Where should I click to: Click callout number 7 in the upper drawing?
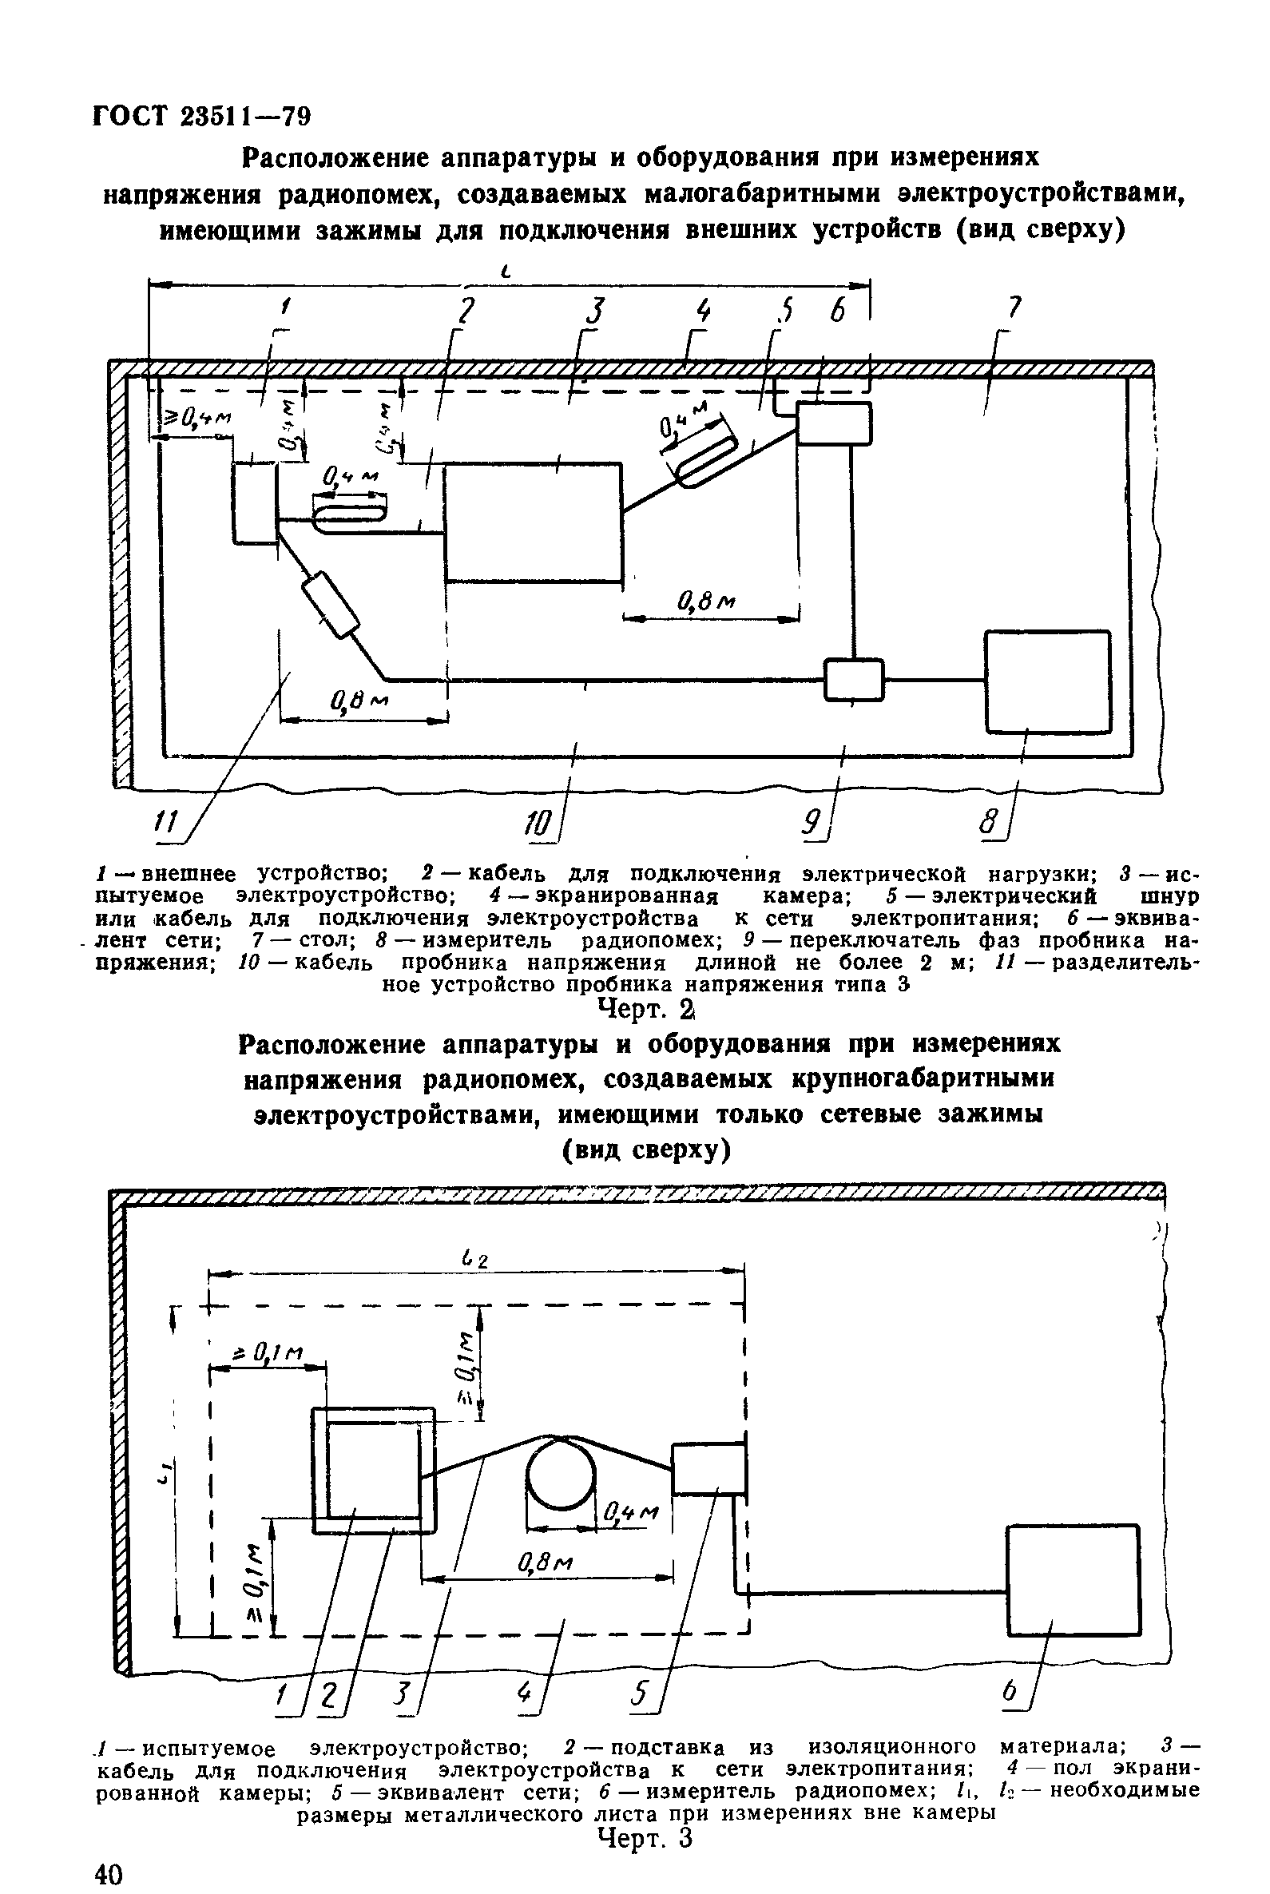click(1014, 308)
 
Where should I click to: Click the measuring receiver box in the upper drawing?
click(1047, 681)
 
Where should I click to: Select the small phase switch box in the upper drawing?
click(854, 680)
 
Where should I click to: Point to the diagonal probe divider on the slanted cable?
click(330, 604)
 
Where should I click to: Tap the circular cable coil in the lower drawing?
click(561, 1473)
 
